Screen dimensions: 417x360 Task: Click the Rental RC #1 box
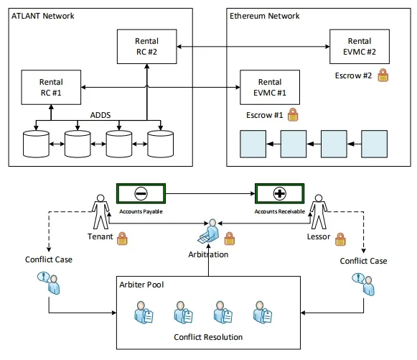pyautogui.click(x=51, y=88)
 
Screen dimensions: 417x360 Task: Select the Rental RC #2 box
pyautogui.click(x=147, y=47)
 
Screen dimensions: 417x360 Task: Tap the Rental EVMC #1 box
pyautogui.click(x=270, y=88)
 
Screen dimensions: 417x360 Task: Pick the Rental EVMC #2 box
pyautogui.click(x=360, y=47)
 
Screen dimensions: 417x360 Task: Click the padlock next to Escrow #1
pyautogui.click(x=293, y=115)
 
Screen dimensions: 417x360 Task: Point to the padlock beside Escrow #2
pyautogui.click(x=383, y=75)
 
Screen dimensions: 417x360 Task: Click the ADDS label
pyautogui.click(x=100, y=115)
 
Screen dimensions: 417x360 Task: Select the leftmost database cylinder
pyautogui.click(x=36, y=144)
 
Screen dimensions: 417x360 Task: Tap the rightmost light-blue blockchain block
pyautogui.click(x=374, y=144)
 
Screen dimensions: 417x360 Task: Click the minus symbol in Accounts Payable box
pyautogui.click(x=141, y=193)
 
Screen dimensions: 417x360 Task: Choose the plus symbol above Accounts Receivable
pyautogui.click(x=280, y=193)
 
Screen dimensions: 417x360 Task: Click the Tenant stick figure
pyautogui.click(x=100, y=212)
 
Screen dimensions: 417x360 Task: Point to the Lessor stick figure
pyautogui.click(x=319, y=212)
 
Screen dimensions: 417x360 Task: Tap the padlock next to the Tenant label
pyautogui.click(x=122, y=239)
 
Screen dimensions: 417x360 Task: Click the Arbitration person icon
pyautogui.click(x=209, y=231)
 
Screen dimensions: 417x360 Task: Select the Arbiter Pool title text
pyautogui.click(x=141, y=285)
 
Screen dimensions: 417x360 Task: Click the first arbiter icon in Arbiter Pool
pyautogui.click(x=144, y=313)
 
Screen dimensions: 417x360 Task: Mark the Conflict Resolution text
pyautogui.click(x=208, y=337)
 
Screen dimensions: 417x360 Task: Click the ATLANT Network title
pyautogui.click(x=43, y=16)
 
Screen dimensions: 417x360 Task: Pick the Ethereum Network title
pyautogui.click(x=265, y=16)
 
